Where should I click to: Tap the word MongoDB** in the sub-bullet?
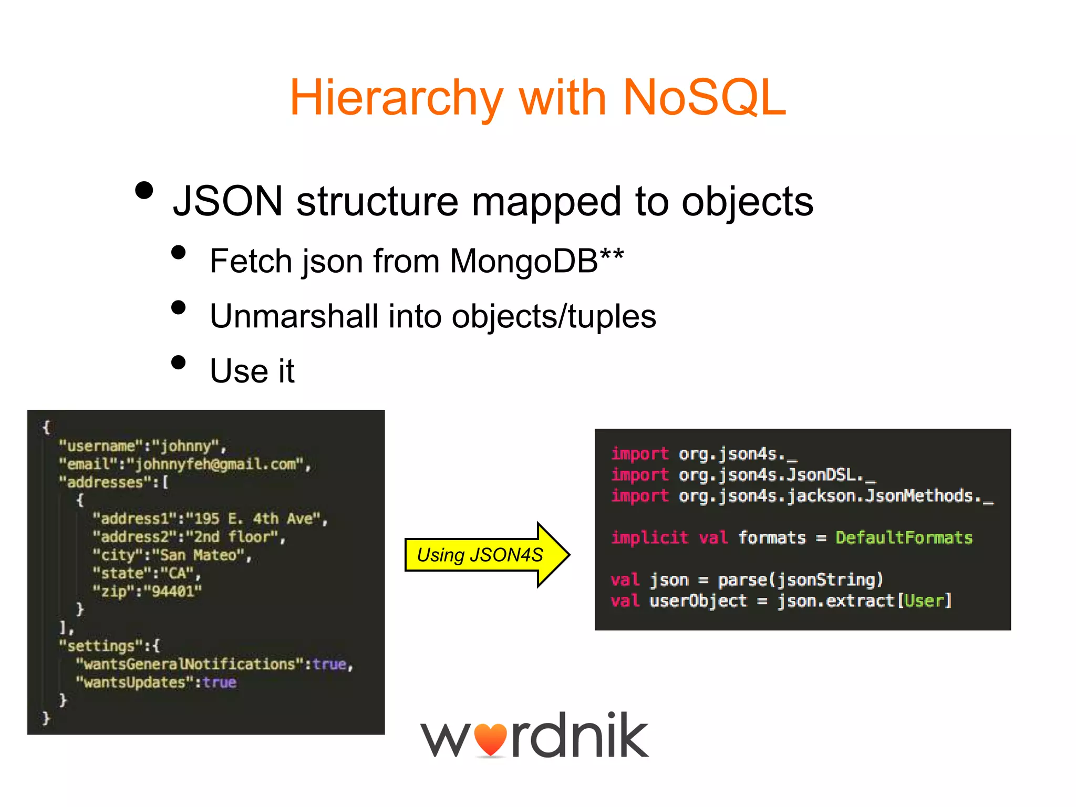536,261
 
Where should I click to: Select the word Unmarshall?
294,316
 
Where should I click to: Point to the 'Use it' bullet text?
252,371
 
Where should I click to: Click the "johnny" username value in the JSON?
185,446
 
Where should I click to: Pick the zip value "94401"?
173,592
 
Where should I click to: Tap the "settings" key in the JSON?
101,646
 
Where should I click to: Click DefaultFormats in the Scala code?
904,537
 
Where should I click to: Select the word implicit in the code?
649,537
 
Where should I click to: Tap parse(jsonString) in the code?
800,580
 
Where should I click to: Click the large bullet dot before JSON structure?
144,190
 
